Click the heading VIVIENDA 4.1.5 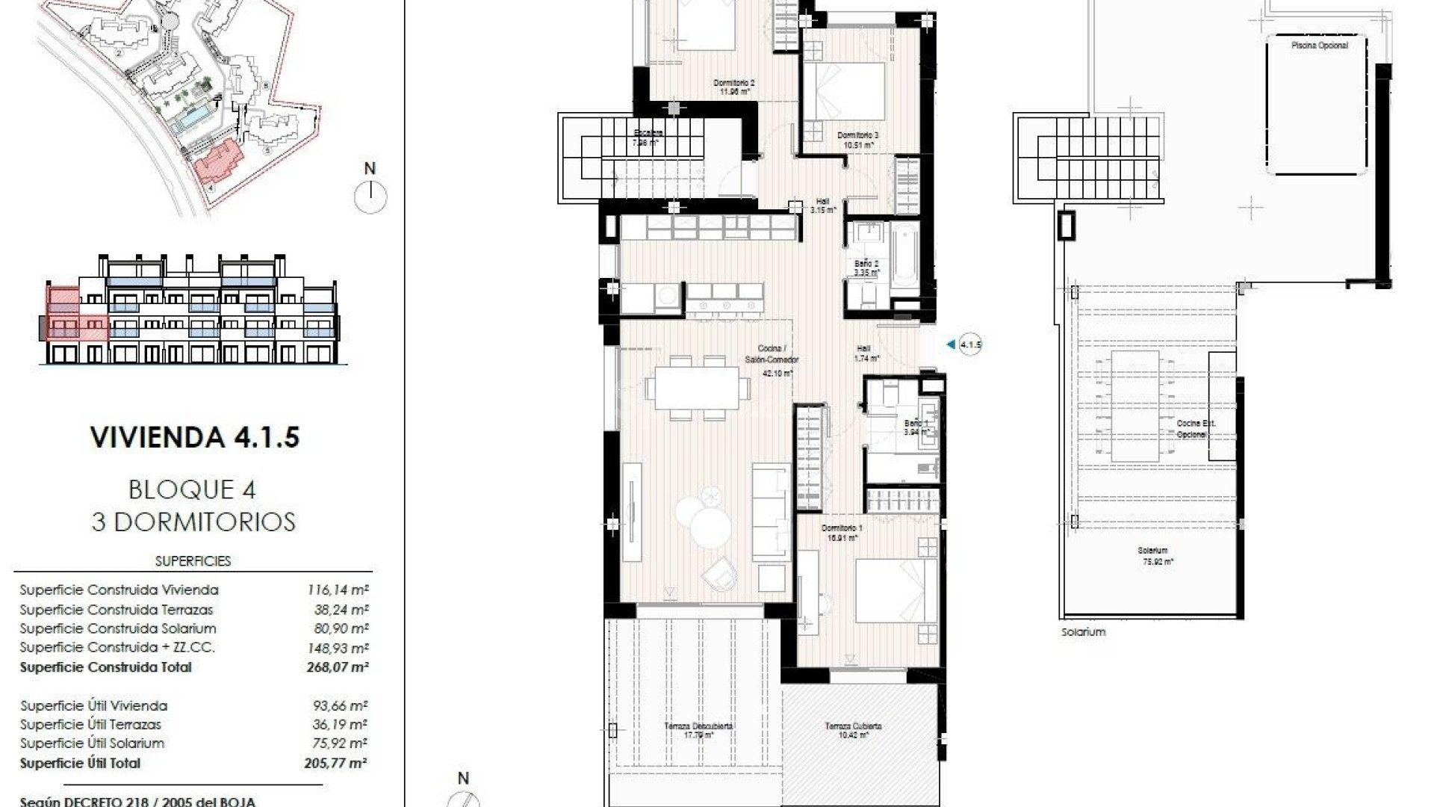[x=194, y=437]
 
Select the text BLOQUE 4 [x=193, y=489]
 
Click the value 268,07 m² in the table [x=338, y=667]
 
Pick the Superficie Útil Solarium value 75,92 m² [x=340, y=743]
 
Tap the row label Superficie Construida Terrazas [x=117, y=610]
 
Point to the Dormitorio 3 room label [x=857, y=140]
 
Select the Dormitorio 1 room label [x=842, y=532]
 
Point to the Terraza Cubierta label [x=853, y=729]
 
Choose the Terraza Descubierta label [x=698, y=729]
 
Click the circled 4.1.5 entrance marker [x=969, y=344]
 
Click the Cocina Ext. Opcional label [x=1196, y=428]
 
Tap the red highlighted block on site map [x=218, y=163]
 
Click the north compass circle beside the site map [x=370, y=198]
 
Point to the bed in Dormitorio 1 [x=895, y=590]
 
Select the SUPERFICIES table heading [x=193, y=561]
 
